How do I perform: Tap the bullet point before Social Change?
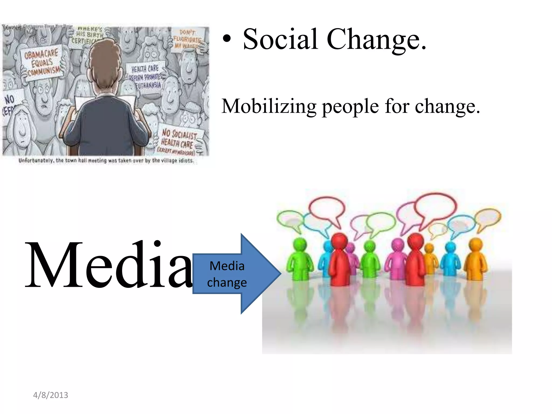(x=227, y=39)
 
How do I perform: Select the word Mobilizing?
(x=269, y=107)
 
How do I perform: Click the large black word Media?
(x=108, y=265)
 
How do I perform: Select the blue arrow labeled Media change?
(x=237, y=274)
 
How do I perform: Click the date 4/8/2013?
(x=51, y=395)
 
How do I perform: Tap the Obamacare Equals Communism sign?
(x=42, y=63)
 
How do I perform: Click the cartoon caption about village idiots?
(x=106, y=161)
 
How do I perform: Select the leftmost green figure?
(x=300, y=259)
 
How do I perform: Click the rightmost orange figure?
(x=475, y=259)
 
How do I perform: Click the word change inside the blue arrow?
(x=227, y=282)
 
